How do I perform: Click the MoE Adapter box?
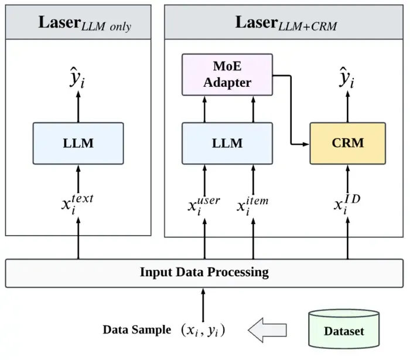tap(227, 74)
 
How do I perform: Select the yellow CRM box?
tap(347, 144)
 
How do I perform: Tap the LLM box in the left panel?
tap(78, 144)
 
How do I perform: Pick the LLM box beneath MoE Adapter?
tap(227, 144)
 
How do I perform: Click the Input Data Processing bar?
tap(204, 273)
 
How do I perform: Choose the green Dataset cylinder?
tap(344, 329)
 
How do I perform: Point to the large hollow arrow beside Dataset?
tap(267, 330)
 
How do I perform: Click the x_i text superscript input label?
tap(77, 204)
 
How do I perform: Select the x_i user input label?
tap(204, 206)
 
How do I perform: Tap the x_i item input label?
tap(252, 206)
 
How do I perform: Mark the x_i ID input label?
tap(347, 204)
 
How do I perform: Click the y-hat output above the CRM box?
tap(347, 77)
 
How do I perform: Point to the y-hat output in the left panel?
tap(77, 77)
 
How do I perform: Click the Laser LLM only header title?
tap(85, 23)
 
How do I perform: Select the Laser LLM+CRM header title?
tap(286, 23)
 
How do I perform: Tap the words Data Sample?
tap(137, 330)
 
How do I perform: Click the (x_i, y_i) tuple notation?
tap(203, 331)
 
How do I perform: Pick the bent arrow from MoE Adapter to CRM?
tap(291, 110)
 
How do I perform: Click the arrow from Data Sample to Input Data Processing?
tap(203, 305)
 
